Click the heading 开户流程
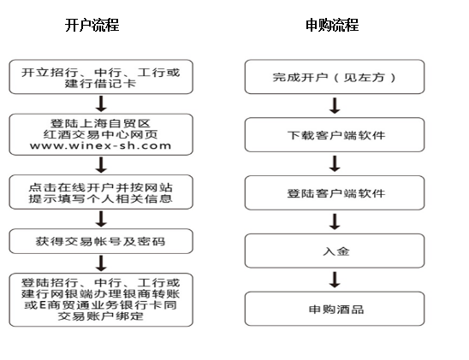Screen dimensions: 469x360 point(92,25)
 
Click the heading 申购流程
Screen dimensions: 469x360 point(332,25)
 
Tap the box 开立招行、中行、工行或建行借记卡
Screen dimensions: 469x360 point(101,77)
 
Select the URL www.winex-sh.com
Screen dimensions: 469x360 point(100,145)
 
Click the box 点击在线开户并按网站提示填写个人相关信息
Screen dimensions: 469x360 point(101,192)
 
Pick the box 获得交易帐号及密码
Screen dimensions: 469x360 point(101,241)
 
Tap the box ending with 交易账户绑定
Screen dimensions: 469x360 point(101,299)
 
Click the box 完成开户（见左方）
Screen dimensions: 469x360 point(335,77)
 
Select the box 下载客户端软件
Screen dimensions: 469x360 point(335,135)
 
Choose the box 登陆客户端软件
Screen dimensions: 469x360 point(335,192)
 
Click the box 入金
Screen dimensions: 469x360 point(335,251)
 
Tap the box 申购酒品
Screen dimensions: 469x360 point(335,309)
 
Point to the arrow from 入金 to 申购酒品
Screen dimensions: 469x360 point(335,280)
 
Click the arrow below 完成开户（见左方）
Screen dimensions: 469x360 point(335,105)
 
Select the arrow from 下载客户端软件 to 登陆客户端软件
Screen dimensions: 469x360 point(335,163)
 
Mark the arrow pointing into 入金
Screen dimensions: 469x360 point(335,221)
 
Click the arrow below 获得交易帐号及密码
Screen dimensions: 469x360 point(101,263)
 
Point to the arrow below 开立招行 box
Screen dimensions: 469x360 point(101,103)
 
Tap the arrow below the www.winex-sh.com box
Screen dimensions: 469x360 point(101,165)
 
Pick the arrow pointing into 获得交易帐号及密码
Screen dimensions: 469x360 point(101,219)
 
